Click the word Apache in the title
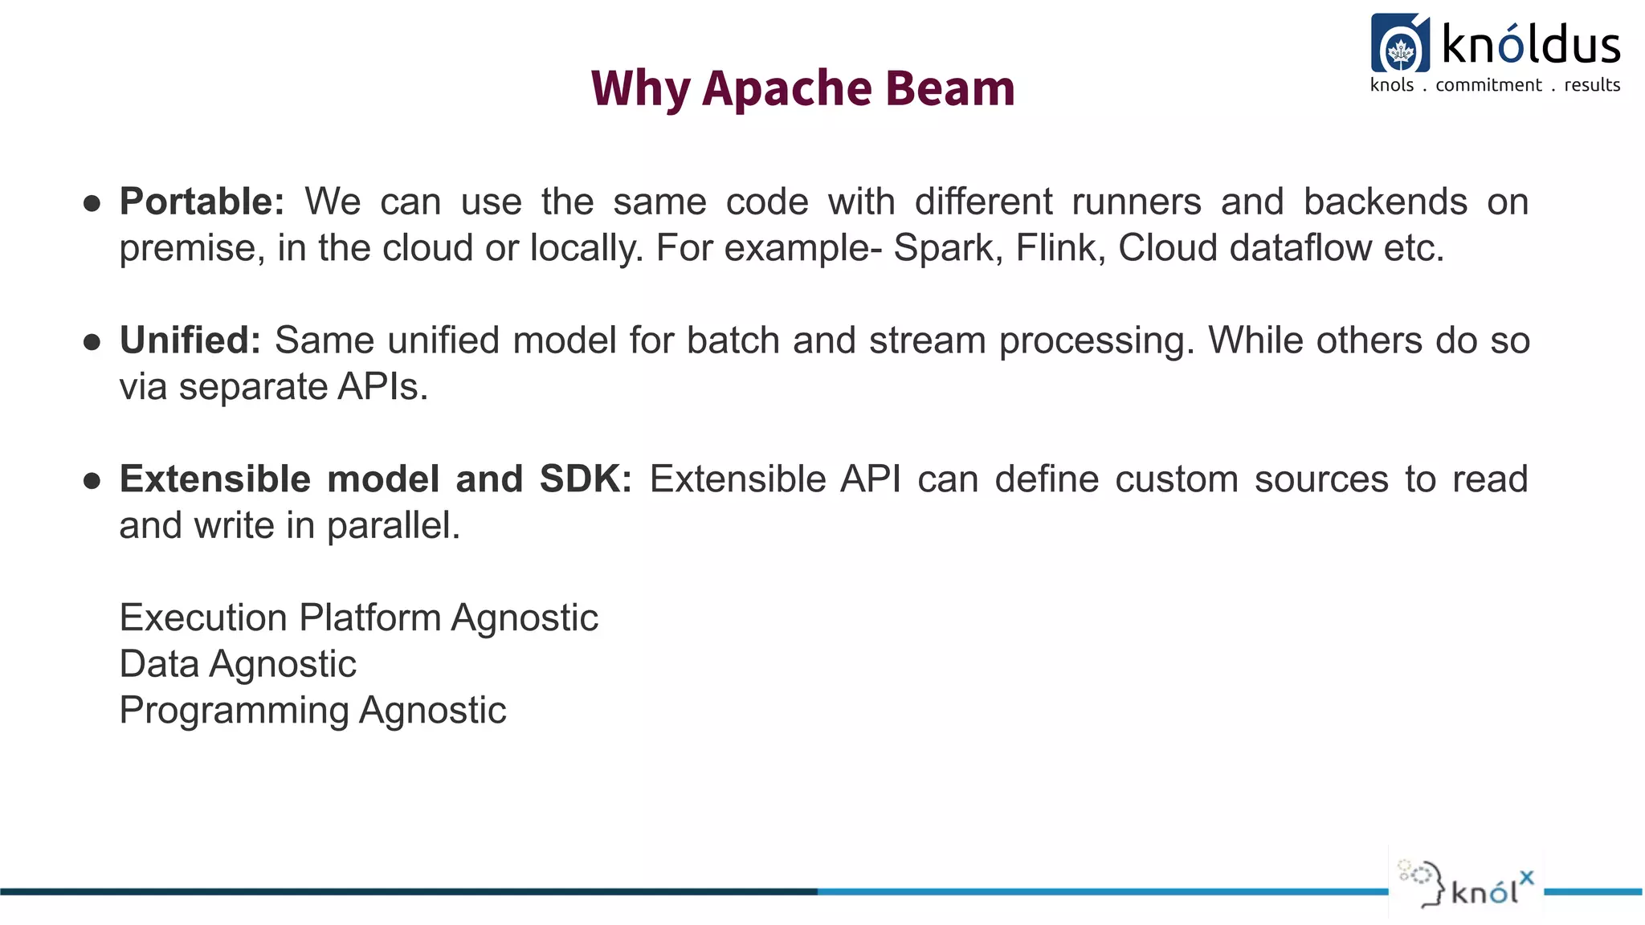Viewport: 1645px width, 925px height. (786, 89)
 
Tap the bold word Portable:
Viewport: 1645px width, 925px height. (202, 202)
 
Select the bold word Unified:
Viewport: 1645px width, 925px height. (190, 340)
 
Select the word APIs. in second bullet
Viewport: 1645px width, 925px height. (383, 387)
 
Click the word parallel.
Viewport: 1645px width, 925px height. (394, 527)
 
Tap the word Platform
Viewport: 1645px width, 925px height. (370, 618)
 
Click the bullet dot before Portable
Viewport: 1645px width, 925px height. (92, 203)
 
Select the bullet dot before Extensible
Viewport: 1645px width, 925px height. (92, 481)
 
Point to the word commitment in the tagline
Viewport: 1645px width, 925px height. (1488, 85)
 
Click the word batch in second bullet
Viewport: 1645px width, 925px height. (733, 340)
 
